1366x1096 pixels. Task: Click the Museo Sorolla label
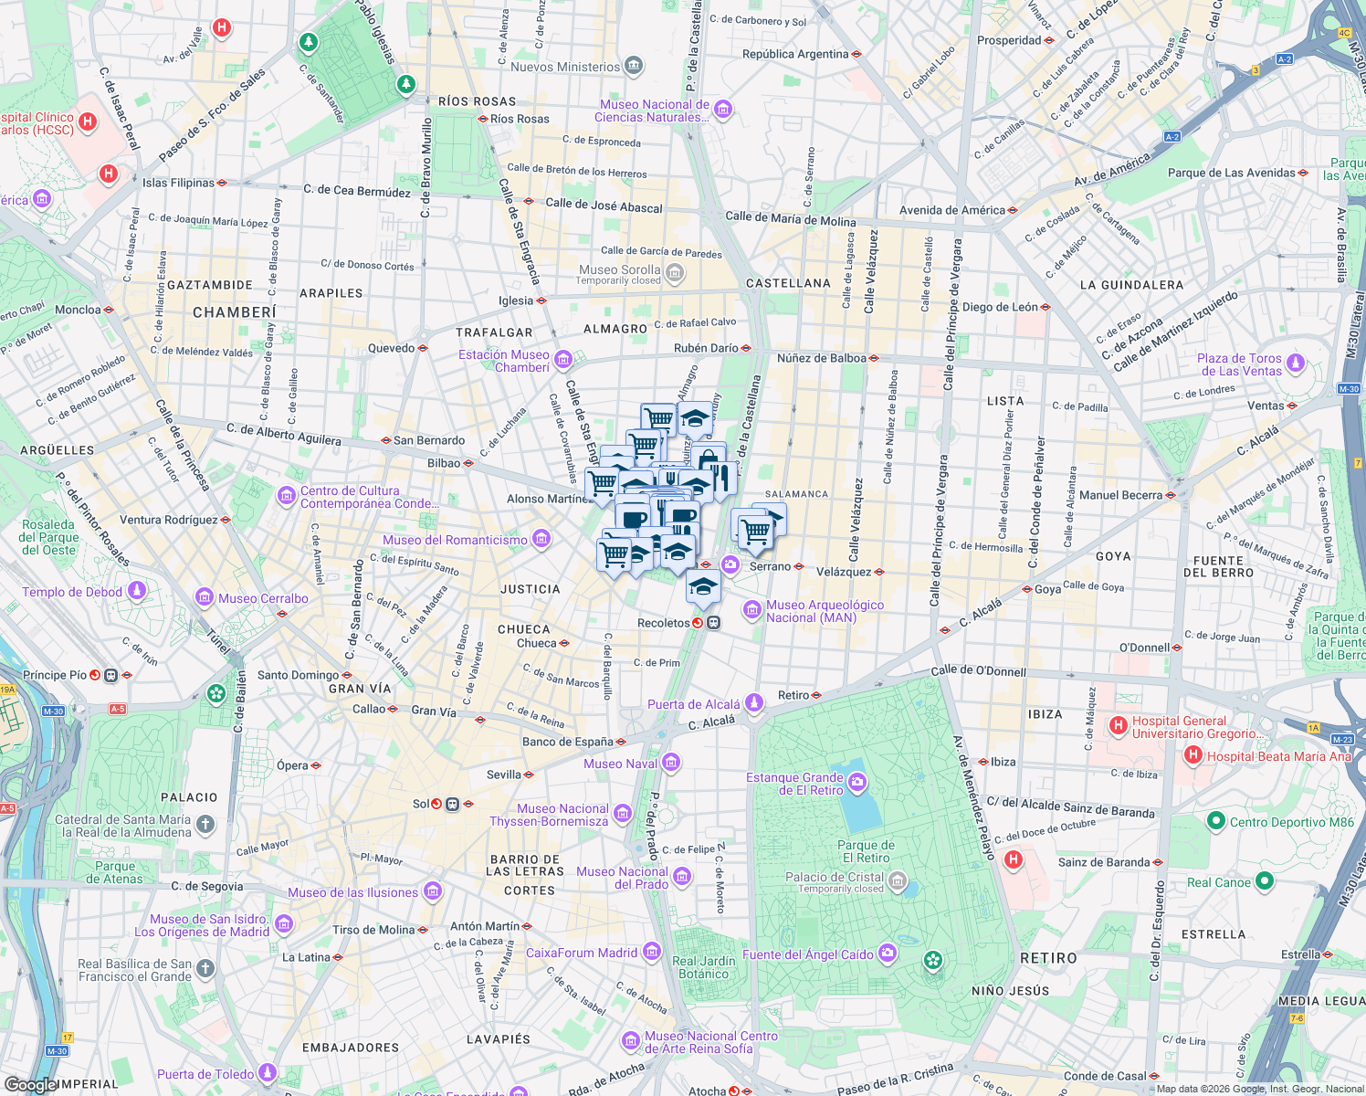click(620, 269)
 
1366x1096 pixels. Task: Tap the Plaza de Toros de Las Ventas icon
click(1295, 364)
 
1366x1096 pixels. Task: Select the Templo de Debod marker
click(137, 592)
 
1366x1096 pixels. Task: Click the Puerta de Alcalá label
click(694, 704)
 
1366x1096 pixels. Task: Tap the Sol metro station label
click(421, 804)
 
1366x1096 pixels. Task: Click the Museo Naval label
click(620, 764)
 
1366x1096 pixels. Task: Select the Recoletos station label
click(664, 623)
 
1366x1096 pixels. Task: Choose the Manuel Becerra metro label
click(1120, 495)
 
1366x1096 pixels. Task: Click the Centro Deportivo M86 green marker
click(1215, 821)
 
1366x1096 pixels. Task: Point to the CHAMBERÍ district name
click(235, 312)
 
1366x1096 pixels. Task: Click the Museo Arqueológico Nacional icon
click(751, 609)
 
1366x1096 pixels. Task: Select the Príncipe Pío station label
click(56, 675)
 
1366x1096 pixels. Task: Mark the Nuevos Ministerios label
click(565, 67)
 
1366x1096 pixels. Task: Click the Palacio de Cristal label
click(834, 877)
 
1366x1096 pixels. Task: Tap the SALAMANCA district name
click(796, 494)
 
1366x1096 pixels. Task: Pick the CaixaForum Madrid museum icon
click(651, 953)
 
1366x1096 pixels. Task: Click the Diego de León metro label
click(1000, 307)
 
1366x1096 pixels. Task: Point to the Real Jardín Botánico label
click(703, 967)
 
